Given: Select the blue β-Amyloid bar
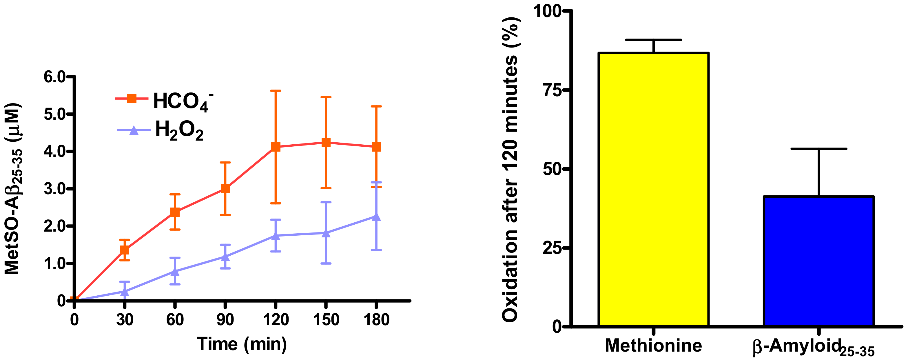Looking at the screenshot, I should (818, 261).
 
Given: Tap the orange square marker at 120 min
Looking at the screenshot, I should (276, 147).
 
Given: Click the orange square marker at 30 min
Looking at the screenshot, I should (124, 250).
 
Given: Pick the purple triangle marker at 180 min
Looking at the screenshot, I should (376, 217).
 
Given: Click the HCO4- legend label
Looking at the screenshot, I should (183, 101).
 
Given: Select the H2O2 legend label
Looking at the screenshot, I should (179, 130).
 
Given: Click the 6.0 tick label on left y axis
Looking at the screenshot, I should (55, 77).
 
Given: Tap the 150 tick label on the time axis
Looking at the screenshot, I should (326, 320).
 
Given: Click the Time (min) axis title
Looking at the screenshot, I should (242, 344).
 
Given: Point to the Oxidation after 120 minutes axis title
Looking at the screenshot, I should (511, 169).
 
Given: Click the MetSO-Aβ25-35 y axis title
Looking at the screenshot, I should (13, 189).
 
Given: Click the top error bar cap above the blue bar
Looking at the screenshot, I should (818, 149).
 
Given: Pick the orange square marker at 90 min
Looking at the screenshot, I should (225, 189).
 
